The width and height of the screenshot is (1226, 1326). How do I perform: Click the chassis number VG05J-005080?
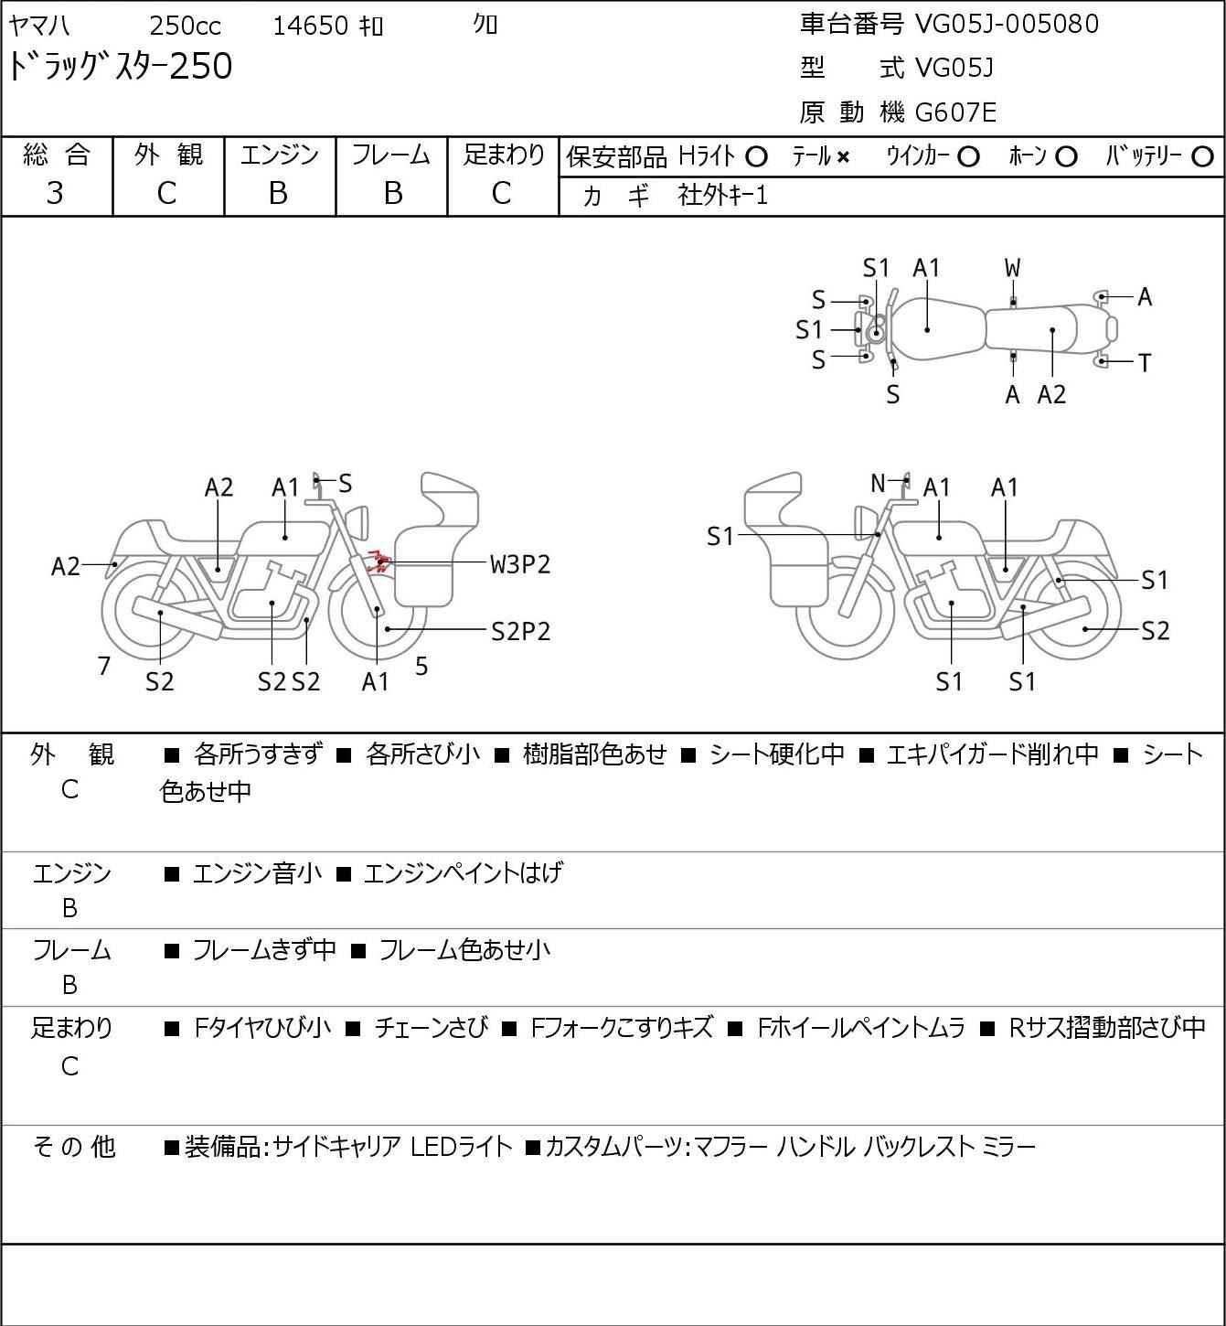tap(1007, 23)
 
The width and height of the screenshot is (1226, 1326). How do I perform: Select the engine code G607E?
tap(955, 112)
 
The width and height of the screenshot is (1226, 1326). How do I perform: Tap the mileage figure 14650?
tap(310, 26)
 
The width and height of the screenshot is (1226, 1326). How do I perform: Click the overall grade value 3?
tap(55, 193)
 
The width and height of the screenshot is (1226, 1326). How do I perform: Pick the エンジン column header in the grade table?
tap(279, 155)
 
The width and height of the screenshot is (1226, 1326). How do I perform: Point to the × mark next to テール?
tap(842, 157)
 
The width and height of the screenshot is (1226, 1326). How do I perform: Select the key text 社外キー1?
tap(722, 195)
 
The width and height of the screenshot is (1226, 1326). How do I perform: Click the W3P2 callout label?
tap(520, 564)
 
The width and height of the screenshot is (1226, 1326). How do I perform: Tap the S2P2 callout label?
tap(520, 631)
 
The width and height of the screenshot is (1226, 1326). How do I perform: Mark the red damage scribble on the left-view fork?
tap(376, 561)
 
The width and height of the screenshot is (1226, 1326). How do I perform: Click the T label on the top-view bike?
tap(1144, 363)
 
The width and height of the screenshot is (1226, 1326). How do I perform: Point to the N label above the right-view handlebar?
tap(878, 483)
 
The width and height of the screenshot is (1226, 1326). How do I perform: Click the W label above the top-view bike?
tap(1012, 268)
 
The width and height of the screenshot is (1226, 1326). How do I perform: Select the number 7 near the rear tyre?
tap(104, 666)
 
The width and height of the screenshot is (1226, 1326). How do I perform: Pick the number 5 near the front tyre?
tap(421, 666)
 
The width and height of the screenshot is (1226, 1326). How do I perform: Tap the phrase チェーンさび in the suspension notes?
tap(431, 1028)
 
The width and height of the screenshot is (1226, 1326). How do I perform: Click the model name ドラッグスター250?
tap(121, 67)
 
